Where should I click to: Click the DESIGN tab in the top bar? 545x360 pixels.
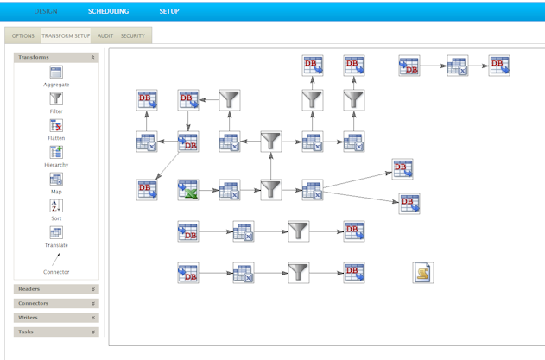(46, 11)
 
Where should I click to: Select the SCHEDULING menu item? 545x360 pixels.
(108, 11)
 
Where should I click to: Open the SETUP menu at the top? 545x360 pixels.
(169, 11)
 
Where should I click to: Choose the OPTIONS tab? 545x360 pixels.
(23, 36)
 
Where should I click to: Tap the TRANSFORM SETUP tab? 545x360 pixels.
(66, 36)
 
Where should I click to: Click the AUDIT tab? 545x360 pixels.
(105, 36)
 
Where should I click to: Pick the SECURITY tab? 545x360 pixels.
(133, 36)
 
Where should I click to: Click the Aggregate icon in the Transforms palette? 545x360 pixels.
(56, 73)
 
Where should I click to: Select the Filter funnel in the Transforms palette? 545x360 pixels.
(56, 99)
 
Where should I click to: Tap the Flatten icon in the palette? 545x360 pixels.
(56, 126)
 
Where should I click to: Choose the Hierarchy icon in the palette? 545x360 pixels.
(56, 153)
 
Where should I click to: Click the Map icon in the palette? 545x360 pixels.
(56, 180)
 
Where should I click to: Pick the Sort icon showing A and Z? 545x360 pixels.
(56, 206)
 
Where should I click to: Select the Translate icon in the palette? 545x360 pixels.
(56, 233)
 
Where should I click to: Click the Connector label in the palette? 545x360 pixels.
(56, 272)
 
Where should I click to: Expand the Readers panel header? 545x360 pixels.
(56, 289)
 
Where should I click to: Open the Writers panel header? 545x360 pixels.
(56, 318)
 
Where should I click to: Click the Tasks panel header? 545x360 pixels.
(56, 332)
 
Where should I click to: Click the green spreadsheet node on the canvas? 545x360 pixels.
(188, 190)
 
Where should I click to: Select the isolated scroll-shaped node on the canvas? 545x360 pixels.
(423, 273)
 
